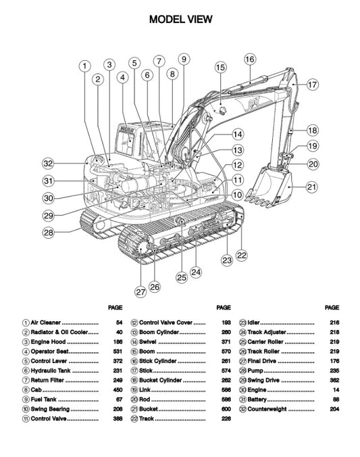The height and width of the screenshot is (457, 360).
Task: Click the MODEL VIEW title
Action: click(x=180, y=20)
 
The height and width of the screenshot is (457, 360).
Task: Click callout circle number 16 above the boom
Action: click(x=249, y=59)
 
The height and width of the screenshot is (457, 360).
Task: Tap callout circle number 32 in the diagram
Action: click(x=47, y=163)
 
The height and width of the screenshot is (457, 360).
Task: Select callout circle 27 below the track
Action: click(x=140, y=292)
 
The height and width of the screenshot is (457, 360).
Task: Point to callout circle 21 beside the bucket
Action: click(x=311, y=187)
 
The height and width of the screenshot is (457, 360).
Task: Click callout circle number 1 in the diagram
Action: click(x=84, y=66)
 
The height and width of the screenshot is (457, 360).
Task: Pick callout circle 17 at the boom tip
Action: click(x=312, y=85)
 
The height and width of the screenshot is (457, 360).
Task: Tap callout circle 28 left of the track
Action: click(x=47, y=233)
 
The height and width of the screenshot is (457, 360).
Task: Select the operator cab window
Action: click(x=126, y=143)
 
